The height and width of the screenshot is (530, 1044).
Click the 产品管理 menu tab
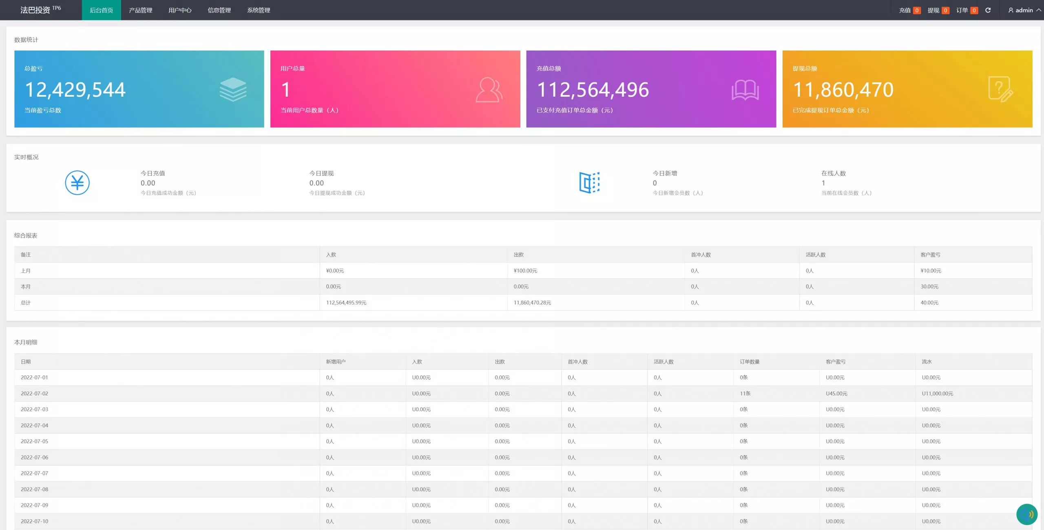pos(140,10)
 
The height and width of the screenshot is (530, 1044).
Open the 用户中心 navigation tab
pos(180,10)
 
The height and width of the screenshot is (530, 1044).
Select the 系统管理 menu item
pos(259,10)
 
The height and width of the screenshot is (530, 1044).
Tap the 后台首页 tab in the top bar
pos(101,10)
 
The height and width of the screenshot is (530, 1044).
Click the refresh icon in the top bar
pos(988,10)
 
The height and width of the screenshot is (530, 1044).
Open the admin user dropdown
pos(1024,10)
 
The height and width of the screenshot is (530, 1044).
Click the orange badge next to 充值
pos(917,11)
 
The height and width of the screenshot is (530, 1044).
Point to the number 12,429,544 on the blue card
pos(75,90)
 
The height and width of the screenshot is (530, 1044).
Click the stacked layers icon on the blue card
pos(233,89)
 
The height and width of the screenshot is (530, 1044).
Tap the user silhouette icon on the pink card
pos(489,90)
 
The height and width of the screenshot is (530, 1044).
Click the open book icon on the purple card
pos(745,90)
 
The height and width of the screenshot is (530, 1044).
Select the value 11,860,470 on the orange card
pos(843,90)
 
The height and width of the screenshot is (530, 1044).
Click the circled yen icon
pos(77,182)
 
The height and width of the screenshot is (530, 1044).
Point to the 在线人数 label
pos(833,173)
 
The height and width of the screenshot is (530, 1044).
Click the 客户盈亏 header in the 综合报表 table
pos(930,255)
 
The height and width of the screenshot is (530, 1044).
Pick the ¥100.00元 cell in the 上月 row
pos(525,271)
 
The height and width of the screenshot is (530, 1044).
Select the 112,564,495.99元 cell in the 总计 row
pos(346,303)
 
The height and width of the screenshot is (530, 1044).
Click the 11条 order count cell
pos(745,393)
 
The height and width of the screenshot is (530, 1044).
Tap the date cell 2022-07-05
pos(34,441)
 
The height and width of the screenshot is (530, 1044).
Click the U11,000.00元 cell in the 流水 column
pos(937,393)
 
